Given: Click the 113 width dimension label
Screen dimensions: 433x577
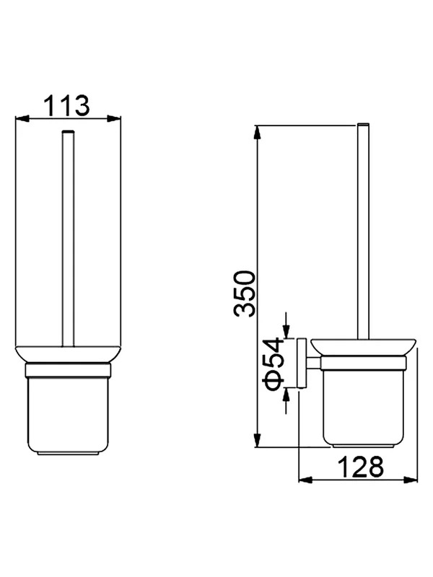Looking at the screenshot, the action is coord(66,105).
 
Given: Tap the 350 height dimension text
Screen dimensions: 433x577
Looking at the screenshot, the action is coord(244,294).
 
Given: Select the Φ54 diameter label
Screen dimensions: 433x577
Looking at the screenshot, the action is coord(274,363).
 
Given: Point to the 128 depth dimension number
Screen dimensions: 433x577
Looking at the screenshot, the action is coord(360,467).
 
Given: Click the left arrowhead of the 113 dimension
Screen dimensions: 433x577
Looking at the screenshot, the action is coord(22,118).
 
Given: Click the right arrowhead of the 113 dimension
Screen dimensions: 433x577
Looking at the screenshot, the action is coord(114,118).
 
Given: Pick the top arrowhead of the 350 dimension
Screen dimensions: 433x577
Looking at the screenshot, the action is coord(258,133).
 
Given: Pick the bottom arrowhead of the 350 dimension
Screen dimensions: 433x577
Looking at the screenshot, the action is coord(258,440).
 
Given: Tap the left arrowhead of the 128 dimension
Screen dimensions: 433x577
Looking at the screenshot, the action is coord(305,480).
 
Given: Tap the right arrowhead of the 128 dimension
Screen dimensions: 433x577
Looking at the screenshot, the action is coord(411,480).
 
